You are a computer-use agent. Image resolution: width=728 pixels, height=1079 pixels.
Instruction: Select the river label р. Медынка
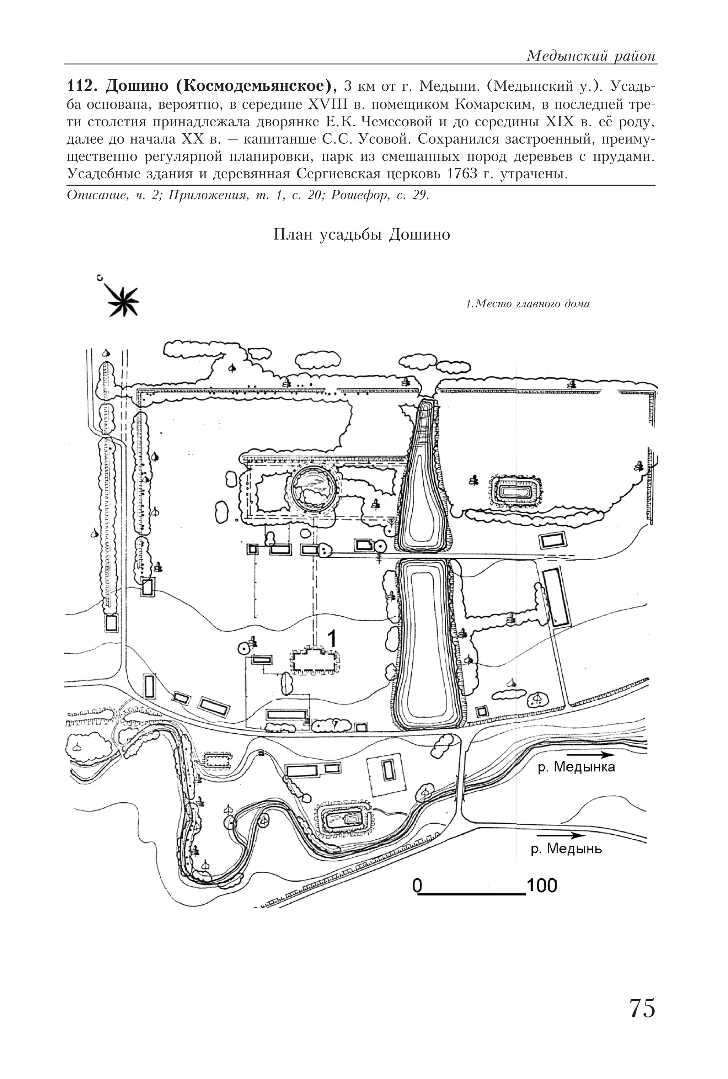(x=576, y=766)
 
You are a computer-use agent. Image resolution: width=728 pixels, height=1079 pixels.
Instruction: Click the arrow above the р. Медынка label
(x=587, y=754)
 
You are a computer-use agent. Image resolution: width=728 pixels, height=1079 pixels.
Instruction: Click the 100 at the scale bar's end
(x=541, y=886)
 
